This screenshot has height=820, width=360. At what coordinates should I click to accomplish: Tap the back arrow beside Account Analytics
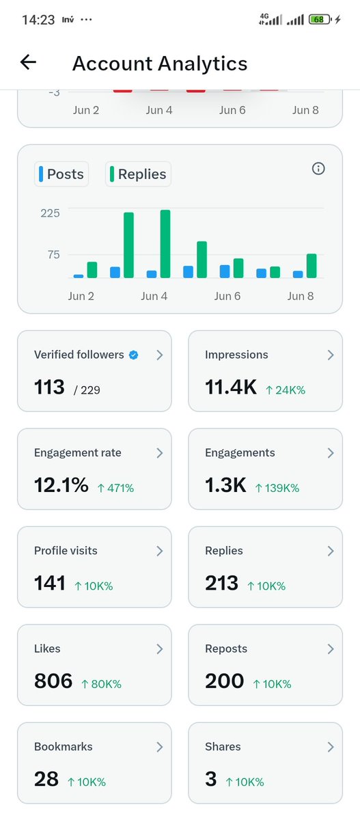tap(28, 62)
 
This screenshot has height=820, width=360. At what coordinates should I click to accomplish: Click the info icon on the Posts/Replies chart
tap(318, 168)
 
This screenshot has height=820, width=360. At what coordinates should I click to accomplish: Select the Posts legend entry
tap(61, 174)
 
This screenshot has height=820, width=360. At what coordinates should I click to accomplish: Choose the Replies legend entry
tap(138, 174)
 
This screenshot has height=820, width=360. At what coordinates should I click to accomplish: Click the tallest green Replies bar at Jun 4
tap(165, 244)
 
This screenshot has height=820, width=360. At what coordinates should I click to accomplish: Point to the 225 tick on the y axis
tap(50, 213)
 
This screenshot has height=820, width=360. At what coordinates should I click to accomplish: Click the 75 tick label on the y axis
tap(53, 254)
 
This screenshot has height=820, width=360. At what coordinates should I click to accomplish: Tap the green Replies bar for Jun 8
tap(311, 266)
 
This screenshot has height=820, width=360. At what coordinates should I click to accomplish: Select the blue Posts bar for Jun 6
tap(225, 271)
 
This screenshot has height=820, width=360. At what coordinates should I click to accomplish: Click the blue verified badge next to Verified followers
tap(133, 355)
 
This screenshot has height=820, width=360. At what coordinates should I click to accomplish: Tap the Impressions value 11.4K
tap(231, 387)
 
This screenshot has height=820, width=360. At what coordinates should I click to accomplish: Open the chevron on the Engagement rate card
tap(160, 453)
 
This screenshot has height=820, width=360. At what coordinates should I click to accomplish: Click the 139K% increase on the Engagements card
tap(277, 488)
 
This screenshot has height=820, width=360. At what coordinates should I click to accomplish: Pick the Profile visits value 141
tap(49, 583)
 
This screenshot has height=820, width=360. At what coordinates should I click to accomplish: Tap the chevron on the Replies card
tap(331, 551)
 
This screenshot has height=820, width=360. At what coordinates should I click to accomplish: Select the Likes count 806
tap(53, 681)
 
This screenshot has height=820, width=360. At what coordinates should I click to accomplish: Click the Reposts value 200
tap(224, 681)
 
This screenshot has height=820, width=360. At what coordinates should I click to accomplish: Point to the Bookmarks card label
tap(64, 746)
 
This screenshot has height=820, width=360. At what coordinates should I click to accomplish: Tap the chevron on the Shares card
tap(331, 747)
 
